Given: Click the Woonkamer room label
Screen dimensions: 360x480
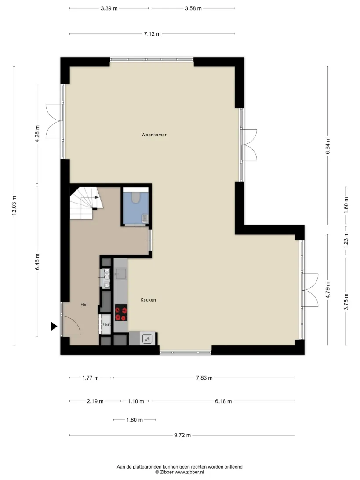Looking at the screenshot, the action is [x=154, y=135].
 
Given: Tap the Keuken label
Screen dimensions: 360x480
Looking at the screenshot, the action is [x=148, y=300].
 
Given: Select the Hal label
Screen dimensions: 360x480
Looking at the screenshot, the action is [x=84, y=305].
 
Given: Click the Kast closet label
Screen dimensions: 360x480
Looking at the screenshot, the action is [x=106, y=324].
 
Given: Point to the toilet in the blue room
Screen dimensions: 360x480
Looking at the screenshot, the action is [x=136, y=197].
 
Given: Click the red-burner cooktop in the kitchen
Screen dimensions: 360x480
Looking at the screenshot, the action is [x=121, y=313].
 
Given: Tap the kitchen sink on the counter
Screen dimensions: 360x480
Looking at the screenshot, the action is [x=121, y=274].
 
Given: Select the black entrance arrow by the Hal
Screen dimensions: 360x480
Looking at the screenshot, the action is [x=54, y=326].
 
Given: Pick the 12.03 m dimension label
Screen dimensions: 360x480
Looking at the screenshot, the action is [x=14, y=206].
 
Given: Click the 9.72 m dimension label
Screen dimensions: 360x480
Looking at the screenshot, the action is [x=182, y=435].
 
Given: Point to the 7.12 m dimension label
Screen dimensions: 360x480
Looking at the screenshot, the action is [x=152, y=34].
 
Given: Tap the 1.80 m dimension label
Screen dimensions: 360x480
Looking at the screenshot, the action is [x=135, y=420].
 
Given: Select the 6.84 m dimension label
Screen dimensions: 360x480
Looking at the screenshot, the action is [x=328, y=146].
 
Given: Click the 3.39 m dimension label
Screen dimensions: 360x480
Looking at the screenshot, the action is [x=109, y=9].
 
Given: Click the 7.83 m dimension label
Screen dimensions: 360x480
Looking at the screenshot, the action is [x=204, y=378].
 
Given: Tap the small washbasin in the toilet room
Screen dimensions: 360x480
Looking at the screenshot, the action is [x=145, y=218].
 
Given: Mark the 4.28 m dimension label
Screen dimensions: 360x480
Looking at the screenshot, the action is [x=37, y=134].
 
